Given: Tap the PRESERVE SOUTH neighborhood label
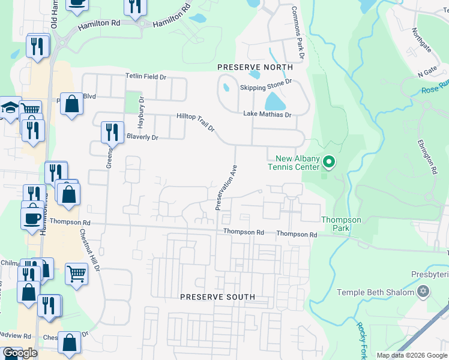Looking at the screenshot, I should click(x=218, y=297).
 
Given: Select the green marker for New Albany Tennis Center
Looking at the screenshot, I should click(x=328, y=162).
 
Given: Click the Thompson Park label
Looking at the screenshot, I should click(x=341, y=224).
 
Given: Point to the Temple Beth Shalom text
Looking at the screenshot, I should click(x=376, y=292).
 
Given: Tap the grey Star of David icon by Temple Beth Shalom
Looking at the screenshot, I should click(x=424, y=292).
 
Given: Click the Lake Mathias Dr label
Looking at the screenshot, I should click(x=267, y=114).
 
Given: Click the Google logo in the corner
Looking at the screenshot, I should click(x=20, y=353).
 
